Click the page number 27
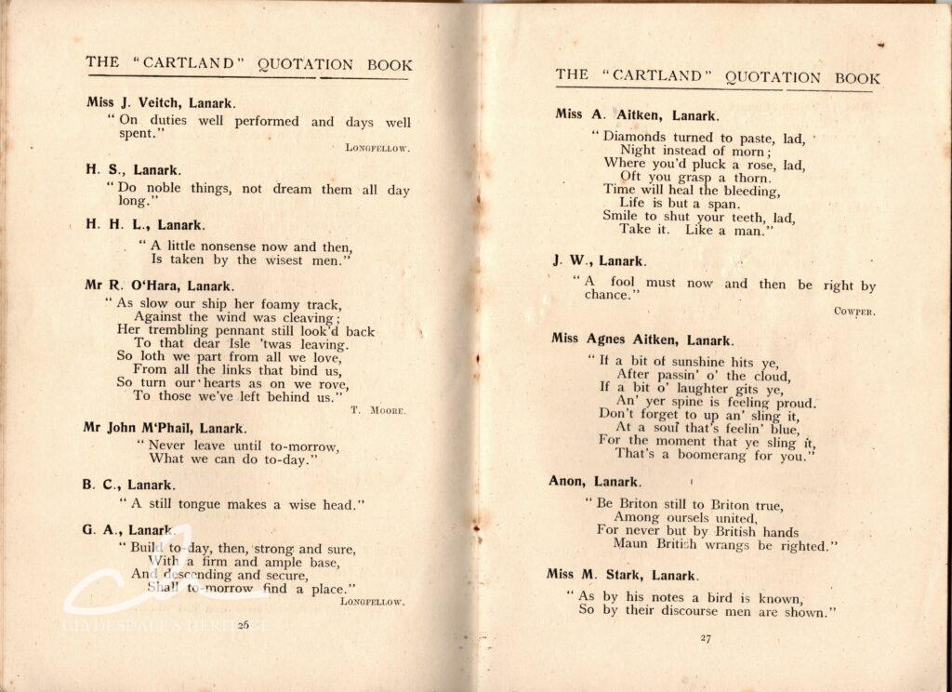(704, 638)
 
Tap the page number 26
(245, 625)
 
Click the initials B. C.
(96, 485)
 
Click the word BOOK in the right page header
(856, 78)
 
